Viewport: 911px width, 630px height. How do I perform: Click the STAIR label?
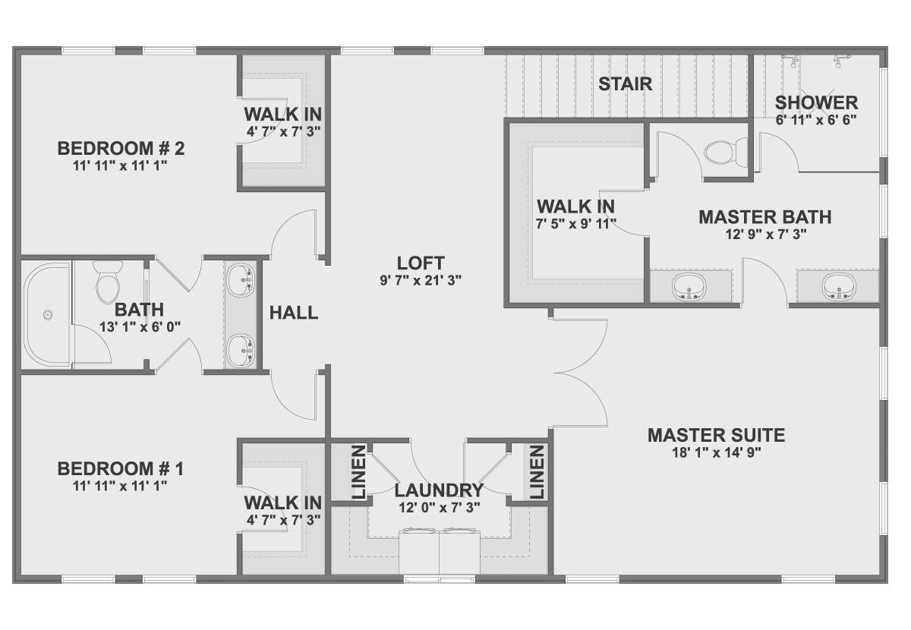(x=625, y=84)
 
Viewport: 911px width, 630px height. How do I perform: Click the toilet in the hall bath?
(x=108, y=282)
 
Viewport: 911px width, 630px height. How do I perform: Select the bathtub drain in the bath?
(x=49, y=315)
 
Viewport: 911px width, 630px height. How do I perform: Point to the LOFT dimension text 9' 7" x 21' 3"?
(x=421, y=280)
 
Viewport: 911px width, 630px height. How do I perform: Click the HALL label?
(x=294, y=313)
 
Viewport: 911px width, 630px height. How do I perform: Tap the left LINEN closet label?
(x=358, y=472)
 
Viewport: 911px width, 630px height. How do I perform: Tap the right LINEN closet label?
(x=537, y=472)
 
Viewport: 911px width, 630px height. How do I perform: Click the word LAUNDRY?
(x=440, y=490)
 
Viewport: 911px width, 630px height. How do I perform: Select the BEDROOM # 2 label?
(x=121, y=149)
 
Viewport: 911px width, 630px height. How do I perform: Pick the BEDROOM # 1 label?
(x=121, y=468)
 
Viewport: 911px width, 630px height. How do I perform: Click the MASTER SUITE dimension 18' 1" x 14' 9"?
(x=716, y=452)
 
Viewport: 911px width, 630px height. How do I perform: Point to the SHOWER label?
(x=816, y=103)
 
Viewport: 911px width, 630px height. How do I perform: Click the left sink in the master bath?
(x=690, y=287)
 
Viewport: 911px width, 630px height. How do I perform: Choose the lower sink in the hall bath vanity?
(x=241, y=350)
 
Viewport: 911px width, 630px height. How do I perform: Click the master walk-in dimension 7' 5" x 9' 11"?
(x=576, y=224)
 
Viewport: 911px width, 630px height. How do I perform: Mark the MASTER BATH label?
(x=765, y=217)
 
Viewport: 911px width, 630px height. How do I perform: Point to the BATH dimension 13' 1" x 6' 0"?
(x=140, y=326)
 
